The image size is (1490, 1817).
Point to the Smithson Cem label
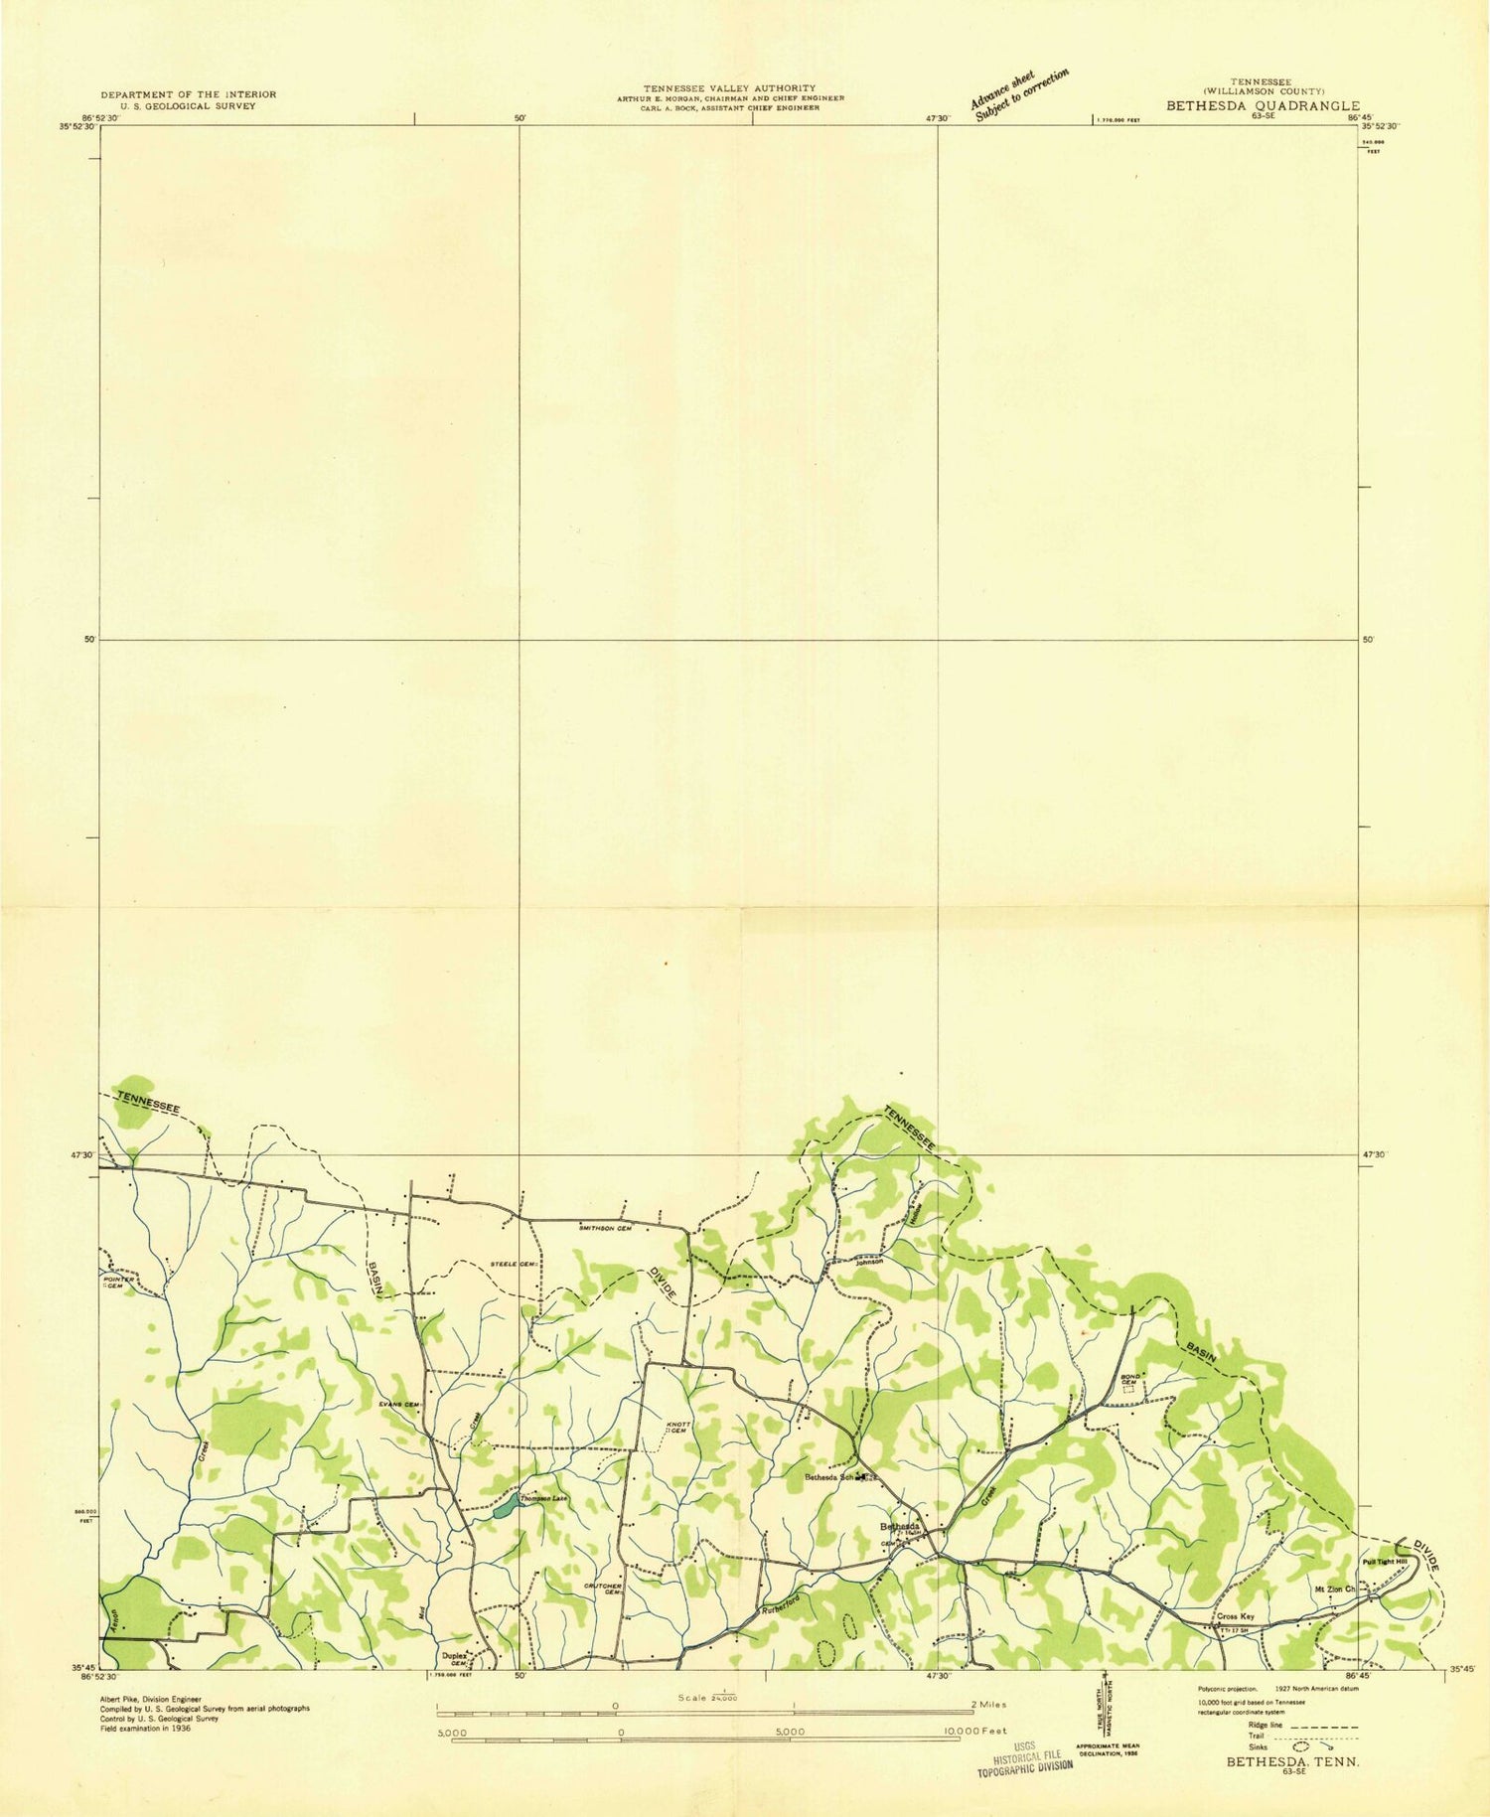point(605,1229)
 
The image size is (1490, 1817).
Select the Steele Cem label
point(514,1265)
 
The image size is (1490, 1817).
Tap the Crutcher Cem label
point(603,1590)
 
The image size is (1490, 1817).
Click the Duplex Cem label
point(455,1659)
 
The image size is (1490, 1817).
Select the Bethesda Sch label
point(829,1477)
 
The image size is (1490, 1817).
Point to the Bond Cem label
point(1128,1379)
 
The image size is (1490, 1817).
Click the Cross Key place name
point(1236,1616)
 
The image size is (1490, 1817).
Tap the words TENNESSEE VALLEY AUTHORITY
point(729,88)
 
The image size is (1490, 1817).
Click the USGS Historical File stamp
point(1025,1758)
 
